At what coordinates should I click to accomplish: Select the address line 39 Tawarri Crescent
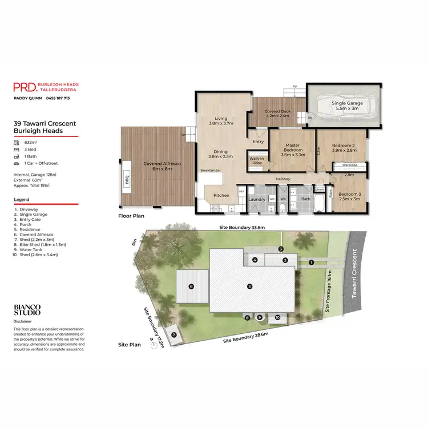click(x=45, y=123)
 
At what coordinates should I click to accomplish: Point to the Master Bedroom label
click(x=292, y=148)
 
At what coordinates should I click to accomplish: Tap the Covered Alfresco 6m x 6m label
click(x=162, y=166)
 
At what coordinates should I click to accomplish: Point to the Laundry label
click(x=257, y=199)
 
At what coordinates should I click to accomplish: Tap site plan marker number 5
click(x=249, y=286)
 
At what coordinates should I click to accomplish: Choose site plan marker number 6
click(x=191, y=286)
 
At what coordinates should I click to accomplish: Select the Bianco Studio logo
click(x=27, y=310)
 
